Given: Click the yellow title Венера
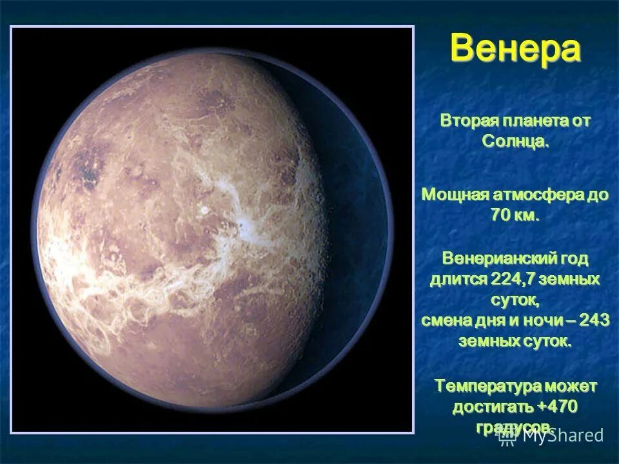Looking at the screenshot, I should point(515,50).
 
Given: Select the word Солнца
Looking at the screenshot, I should point(515,141).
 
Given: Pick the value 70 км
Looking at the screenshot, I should point(514,215).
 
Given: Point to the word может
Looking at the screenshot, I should point(571,386).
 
